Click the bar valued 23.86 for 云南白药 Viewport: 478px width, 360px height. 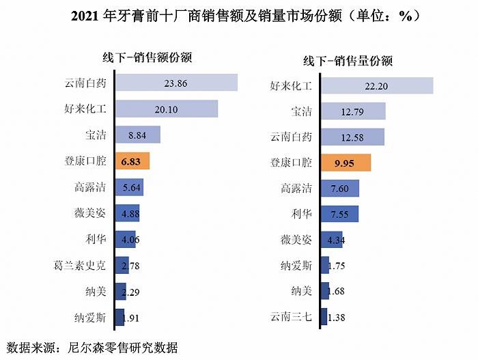[x=175, y=83]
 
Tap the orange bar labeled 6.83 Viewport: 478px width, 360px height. [x=132, y=161]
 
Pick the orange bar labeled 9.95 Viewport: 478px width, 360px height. [x=346, y=163]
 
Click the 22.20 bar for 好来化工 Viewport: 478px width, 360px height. [x=377, y=85]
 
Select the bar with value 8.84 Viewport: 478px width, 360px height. [x=137, y=135]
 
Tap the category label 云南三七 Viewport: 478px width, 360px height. [x=291, y=318]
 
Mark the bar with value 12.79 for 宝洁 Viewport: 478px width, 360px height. [x=353, y=111]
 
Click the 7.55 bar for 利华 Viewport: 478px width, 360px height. [x=339, y=214]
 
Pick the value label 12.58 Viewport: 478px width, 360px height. [x=353, y=137]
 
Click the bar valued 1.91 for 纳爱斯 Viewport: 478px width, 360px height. [x=120, y=318]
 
